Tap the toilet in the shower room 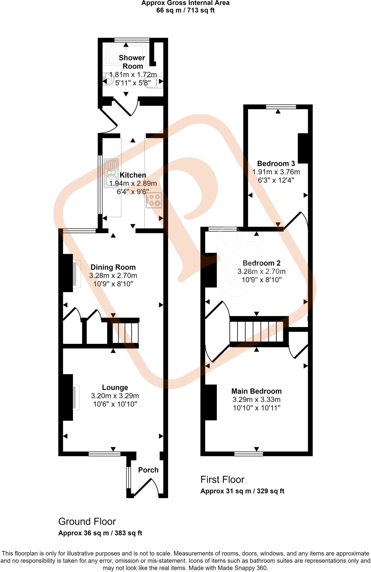click(x=154, y=82)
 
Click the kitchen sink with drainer click(x=111, y=173)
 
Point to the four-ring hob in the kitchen click(x=154, y=200)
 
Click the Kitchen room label click(x=133, y=175)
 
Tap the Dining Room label click(x=113, y=267)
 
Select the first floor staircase click(x=257, y=332)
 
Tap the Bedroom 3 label click(x=276, y=163)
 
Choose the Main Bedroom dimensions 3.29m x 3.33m click(x=256, y=400)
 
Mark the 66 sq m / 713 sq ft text click(x=185, y=11)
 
